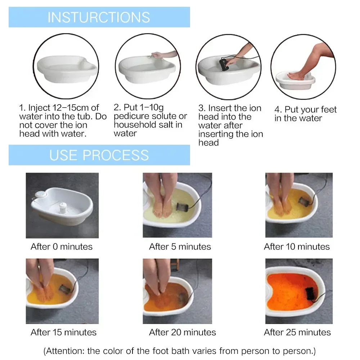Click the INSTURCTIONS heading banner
(x=99, y=17)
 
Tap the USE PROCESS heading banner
(x=99, y=155)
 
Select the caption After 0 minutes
(x=62, y=247)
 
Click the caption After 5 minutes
(x=180, y=247)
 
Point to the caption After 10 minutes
(x=297, y=247)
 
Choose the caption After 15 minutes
(x=64, y=332)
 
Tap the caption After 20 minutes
(x=183, y=332)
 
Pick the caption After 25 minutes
(x=297, y=332)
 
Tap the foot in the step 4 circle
(x=297, y=76)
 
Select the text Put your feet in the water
(x=305, y=114)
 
